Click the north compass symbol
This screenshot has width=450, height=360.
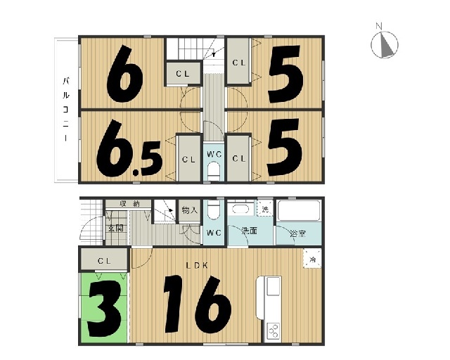point(385,44)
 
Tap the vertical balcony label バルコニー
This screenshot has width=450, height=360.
point(66,110)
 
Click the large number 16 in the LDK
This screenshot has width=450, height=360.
point(198,304)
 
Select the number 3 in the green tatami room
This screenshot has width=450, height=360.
point(105,309)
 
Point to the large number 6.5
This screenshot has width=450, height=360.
point(129,148)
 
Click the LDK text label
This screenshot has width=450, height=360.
point(197,266)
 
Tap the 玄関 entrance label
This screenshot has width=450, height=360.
point(115,229)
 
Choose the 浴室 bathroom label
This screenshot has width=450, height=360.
point(297,233)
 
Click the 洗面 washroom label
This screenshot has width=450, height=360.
point(249,231)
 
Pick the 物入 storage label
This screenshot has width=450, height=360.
point(190,210)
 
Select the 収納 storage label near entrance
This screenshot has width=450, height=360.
point(129,204)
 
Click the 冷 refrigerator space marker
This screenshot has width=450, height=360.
point(312,259)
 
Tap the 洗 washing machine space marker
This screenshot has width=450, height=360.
point(265,209)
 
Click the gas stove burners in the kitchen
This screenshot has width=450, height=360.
point(273,331)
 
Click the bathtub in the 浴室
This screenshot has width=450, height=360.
point(299,211)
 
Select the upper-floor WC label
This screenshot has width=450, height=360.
point(214,155)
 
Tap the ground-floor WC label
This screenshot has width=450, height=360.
point(214,233)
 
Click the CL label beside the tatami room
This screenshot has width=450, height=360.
point(104,261)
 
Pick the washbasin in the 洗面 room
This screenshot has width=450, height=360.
point(240,209)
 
